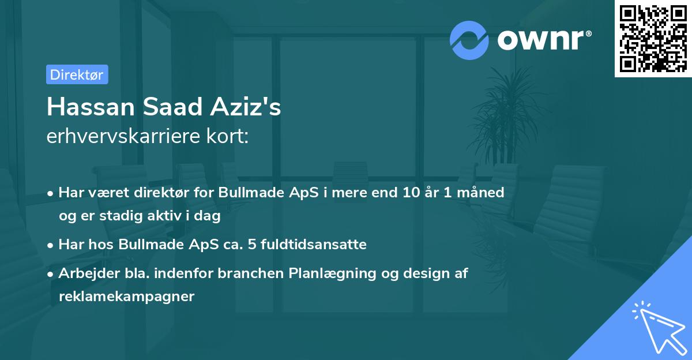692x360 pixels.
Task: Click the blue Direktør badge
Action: point(77,74)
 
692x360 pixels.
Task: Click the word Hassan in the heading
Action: point(91,107)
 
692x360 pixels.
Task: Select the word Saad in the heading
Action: point(172,107)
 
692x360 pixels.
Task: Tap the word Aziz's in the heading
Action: point(246,107)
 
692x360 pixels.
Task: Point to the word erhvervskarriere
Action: point(123,136)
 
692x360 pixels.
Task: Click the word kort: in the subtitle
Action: point(227,136)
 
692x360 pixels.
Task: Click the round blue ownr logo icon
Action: point(469,40)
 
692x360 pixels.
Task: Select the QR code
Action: point(653,38)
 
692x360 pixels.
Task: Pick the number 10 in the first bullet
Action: point(411,192)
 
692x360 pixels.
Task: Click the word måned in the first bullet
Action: point(480,192)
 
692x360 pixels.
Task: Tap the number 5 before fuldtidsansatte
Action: point(252,244)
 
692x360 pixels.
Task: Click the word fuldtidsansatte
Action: point(314,244)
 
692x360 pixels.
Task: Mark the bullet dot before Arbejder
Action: point(50,274)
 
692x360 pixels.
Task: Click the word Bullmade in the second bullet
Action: point(151,244)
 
